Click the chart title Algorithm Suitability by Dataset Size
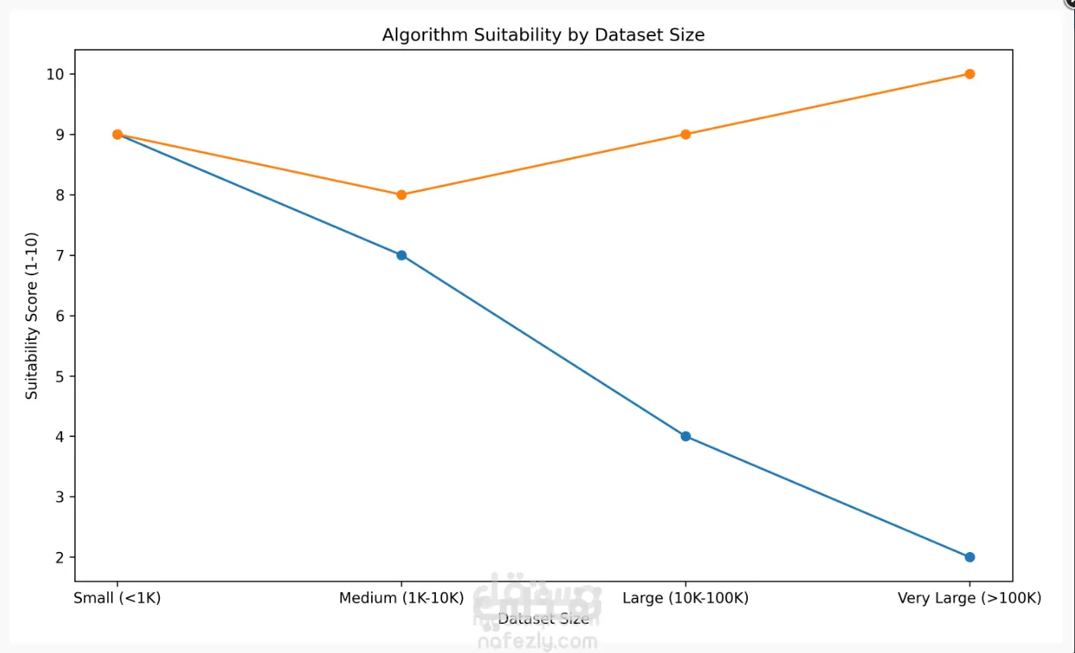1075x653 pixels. [543, 35]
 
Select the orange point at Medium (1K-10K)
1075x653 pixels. [401, 195]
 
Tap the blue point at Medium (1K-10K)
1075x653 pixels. [401, 256]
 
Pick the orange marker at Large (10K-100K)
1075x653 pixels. [686, 134]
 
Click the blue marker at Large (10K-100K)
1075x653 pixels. [686, 436]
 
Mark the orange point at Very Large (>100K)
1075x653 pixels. [969, 74]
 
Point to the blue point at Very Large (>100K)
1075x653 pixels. [969, 557]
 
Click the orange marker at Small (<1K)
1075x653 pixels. [117, 134]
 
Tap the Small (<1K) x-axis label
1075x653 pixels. [117, 598]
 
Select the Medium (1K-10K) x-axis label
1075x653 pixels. [401, 598]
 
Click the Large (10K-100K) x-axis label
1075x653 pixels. [686, 598]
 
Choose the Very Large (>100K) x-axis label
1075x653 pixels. [969, 598]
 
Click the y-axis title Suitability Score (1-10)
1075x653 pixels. [32, 315]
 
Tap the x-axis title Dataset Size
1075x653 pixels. [543, 619]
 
